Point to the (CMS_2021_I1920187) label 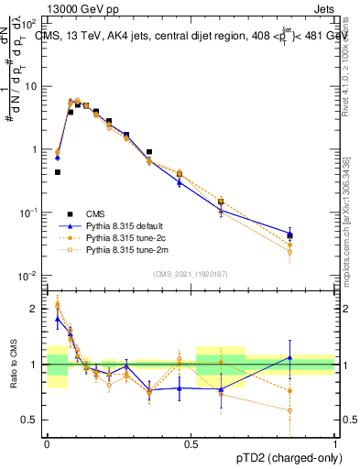[x=191, y=272]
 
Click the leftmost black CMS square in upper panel [x=58, y=172]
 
